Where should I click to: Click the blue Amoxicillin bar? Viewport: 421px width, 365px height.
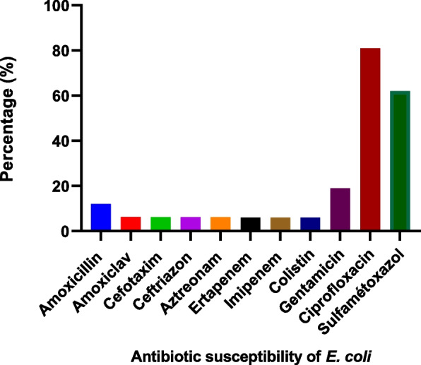(102, 217)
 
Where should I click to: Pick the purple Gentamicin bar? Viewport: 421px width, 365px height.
(340, 209)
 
